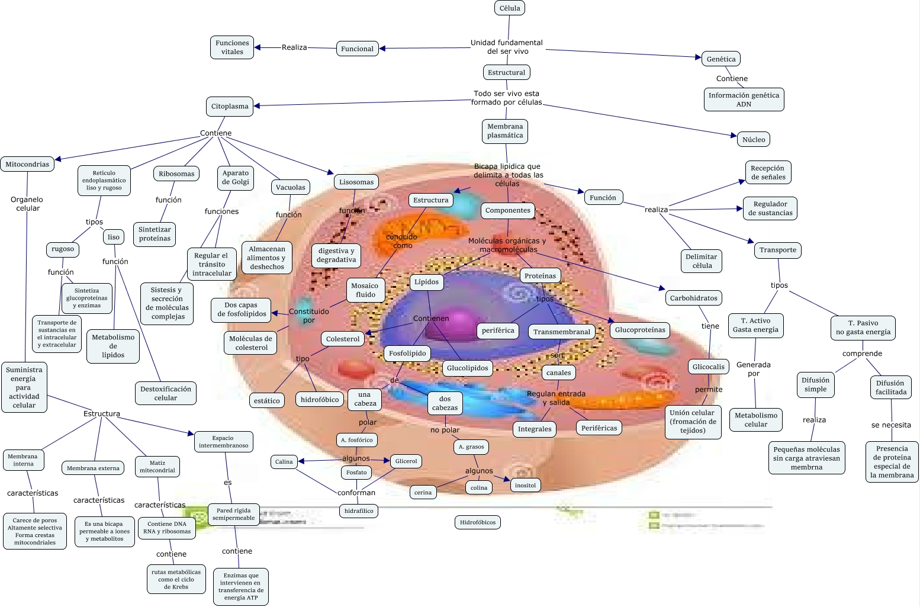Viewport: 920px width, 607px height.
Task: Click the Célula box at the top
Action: [510, 8]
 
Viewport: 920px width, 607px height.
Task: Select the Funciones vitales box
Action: [232, 47]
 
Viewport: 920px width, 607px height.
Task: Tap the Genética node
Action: [720, 59]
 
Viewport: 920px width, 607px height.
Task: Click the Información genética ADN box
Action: [744, 99]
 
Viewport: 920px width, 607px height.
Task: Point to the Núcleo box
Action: [753, 140]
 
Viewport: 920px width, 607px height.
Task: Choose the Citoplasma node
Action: [230, 107]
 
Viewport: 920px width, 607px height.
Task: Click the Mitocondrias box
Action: [27, 164]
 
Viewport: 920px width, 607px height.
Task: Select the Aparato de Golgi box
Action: [236, 178]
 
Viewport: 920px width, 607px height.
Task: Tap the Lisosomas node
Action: [356, 182]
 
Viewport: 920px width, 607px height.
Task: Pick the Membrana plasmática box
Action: [505, 131]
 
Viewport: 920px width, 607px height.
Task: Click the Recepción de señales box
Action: [768, 172]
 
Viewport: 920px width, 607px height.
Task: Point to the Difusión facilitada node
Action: [891, 387]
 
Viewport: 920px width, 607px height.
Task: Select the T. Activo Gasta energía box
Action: [755, 325]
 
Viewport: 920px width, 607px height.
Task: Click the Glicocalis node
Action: [709, 367]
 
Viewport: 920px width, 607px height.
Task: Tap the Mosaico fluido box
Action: [365, 290]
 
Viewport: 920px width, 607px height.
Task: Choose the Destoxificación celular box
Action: [166, 393]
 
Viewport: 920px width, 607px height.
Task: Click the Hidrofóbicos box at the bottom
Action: [478, 522]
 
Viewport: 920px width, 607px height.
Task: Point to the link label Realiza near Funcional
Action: [294, 47]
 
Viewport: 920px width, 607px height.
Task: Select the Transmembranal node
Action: [562, 332]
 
